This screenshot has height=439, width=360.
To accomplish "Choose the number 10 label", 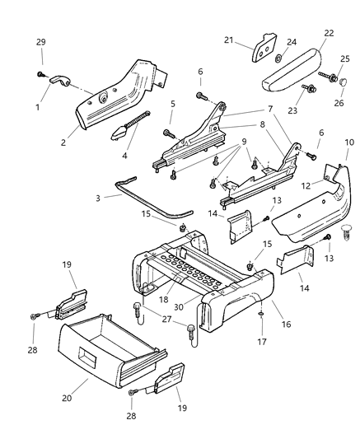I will [349, 142].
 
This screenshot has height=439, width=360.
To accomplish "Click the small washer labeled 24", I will [278, 58].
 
